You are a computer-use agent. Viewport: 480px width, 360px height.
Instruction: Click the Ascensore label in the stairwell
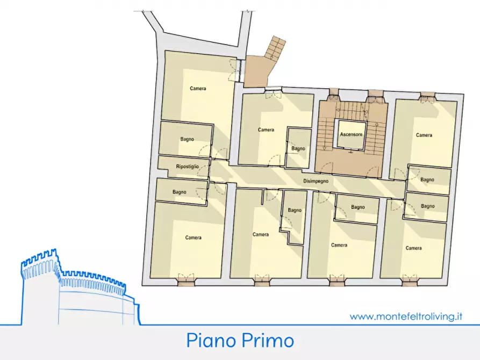(350, 134)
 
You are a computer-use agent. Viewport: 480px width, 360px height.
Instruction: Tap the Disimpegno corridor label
(316, 182)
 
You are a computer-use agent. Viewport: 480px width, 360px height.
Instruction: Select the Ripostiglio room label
(188, 167)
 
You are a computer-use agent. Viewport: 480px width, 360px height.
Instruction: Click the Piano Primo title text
(240, 340)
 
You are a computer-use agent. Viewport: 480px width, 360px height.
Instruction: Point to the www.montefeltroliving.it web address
(406, 316)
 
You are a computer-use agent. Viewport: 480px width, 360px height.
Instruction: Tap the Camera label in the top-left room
(198, 89)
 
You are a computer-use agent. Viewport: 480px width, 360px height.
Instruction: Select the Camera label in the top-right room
(424, 135)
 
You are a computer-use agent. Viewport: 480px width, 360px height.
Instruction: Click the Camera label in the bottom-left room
(194, 237)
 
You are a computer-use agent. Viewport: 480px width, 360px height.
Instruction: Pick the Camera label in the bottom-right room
(414, 248)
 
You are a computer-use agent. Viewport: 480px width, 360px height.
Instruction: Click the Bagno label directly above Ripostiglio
(187, 140)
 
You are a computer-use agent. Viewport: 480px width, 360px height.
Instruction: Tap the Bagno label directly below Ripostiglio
(180, 192)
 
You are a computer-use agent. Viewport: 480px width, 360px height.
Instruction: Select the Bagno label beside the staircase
(298, 149)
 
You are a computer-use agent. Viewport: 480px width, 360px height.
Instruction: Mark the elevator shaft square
(350, 134)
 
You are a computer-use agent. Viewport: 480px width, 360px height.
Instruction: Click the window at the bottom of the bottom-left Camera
(186, 278)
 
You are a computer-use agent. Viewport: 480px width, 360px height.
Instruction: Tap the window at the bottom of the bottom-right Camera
(410, 278)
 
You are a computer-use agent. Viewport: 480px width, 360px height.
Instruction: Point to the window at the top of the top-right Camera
(427, 98)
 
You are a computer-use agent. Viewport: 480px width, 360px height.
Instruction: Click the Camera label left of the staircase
(266, 130)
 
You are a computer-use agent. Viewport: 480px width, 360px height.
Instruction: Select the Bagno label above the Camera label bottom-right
(428, 206)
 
